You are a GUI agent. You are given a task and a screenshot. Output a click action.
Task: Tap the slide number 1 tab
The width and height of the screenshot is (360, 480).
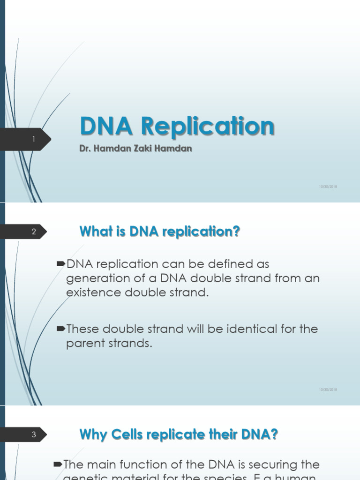click(x=34, y=139)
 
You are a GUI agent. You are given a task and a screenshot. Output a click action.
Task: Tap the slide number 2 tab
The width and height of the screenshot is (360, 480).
click(x=34, y=232)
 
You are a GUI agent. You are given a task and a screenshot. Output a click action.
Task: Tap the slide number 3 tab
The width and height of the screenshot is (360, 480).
click(x=34, y=435)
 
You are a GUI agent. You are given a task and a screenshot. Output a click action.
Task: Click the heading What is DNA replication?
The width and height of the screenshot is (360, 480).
click(x=160, y=231)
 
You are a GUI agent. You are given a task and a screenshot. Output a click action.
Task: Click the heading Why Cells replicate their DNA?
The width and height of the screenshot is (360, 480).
click(x=179, y=435)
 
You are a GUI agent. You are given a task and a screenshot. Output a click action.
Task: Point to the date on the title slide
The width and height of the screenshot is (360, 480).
click(x=328, y=187)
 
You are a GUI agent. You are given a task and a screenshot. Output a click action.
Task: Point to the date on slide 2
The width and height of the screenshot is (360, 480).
click(x=328, y=390)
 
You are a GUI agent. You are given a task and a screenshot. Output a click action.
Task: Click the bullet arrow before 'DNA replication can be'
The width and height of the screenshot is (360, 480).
click(x=61, y=264)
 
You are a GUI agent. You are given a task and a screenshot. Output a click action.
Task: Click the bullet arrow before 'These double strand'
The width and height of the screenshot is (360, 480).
click(x=61, y=329)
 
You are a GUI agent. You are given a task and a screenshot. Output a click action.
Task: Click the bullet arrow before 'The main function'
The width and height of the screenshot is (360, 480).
click(x=58, y=464)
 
